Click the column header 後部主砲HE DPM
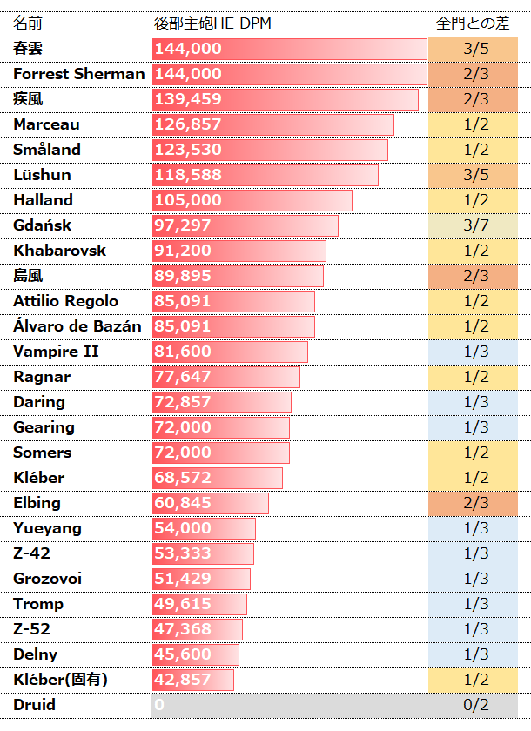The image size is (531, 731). click(x=212, y=23)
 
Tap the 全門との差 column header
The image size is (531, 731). click(x=476, y=23)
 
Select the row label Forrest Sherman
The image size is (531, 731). click(x=79, y=74)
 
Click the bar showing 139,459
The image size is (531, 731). click(x=285, y=99)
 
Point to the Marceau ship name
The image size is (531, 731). click(x=46, y=124)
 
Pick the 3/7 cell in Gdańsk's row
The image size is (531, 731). click(x=476, y=225)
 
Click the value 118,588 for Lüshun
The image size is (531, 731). click(x=188, y=175)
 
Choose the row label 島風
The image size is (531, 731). click(x=28, y=276)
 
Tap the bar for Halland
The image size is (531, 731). click(x=252, y=200)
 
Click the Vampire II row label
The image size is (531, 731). click(x=56, y=352)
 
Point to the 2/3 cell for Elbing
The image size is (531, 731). click(x=476, y=503)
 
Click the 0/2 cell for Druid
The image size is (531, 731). click(x=476, y=705)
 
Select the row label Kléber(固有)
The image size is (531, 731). click(x=61, y=680)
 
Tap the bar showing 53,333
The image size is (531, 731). click(x=203, y=553)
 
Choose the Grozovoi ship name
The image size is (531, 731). click(x=50, y=579)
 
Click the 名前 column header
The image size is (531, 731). click(x=28, y=23)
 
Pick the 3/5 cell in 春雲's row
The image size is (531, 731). click(x=476, y=49)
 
